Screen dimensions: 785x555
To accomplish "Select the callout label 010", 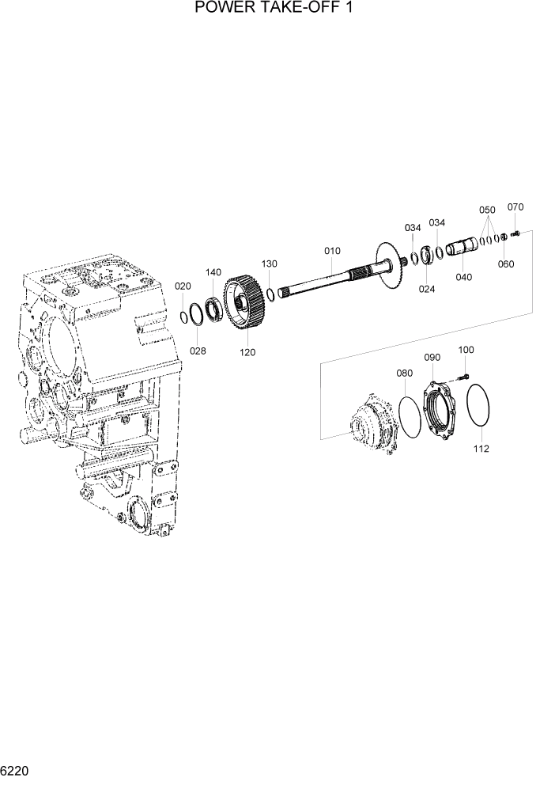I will [332, 251].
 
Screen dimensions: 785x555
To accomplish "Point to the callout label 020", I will [183, 286].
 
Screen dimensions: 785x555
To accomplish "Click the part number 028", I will [198, 350].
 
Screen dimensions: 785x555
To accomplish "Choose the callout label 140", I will [213, 272].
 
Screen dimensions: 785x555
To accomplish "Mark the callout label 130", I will [270, 264].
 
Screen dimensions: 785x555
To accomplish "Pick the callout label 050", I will [487, 210].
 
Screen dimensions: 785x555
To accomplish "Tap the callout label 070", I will [515, 207].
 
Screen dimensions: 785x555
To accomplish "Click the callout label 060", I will [506, 264].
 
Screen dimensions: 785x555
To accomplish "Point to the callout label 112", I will [481, 449].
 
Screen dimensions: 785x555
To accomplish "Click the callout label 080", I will [404, 373].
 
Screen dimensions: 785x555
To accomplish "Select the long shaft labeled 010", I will [324, 280].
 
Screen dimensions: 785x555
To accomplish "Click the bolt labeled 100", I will [463, 375].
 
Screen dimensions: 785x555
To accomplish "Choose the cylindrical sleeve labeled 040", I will [462, 246].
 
